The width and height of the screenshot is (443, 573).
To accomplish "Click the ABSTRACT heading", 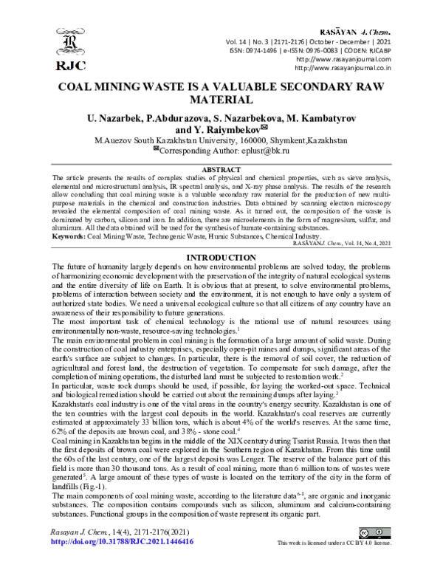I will point(221,170).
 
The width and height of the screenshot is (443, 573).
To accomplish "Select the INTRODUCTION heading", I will point(221,236).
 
